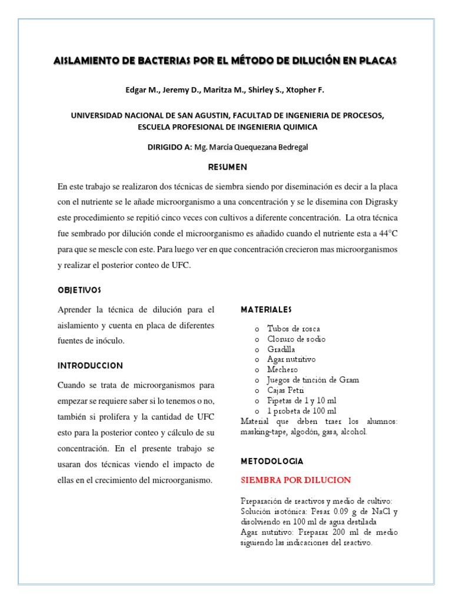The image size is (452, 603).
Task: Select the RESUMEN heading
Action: (227, 167)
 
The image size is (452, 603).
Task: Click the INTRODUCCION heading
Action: (90, 366)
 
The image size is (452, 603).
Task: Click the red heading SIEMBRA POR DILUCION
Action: (296, 480)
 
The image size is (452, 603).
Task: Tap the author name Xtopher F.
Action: (303, 90)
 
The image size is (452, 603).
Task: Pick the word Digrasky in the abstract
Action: (380, 202)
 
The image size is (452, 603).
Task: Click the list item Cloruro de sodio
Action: (296, 339)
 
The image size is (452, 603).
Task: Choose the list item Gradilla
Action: (281, 349)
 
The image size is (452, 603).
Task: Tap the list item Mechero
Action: (282, 370)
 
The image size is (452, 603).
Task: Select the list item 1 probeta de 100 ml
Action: (302, 410)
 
